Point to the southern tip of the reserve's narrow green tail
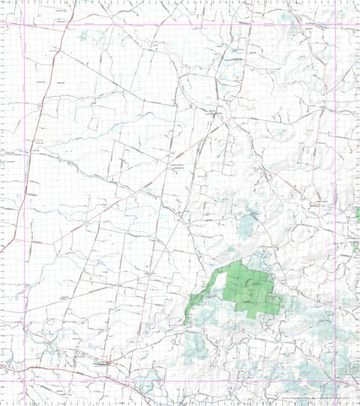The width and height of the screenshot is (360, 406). (x=187, y=323)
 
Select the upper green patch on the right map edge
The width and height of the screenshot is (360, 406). (x=357, y=217)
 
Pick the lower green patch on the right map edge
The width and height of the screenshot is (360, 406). (x=356, y=246)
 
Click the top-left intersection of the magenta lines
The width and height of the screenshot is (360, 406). (x=25, y=25)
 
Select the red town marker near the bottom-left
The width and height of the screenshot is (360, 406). (x=109, y=363)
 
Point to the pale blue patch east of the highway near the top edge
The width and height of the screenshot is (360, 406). (x=82, y=35)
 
